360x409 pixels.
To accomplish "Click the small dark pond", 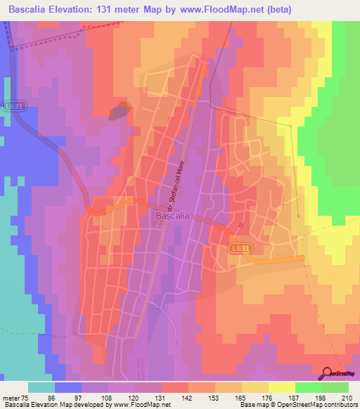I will click(120, 110).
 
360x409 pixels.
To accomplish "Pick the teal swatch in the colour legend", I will click(41, 387).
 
